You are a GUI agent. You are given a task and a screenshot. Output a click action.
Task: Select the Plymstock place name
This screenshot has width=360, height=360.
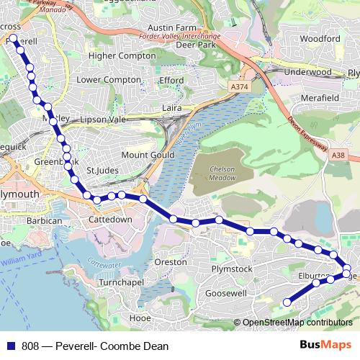click(x=232, y=269)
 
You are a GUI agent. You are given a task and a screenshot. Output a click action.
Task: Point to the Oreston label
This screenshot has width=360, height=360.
click(x=171, y=262)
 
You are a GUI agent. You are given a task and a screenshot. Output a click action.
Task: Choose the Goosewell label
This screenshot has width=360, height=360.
click(x=226, y=294)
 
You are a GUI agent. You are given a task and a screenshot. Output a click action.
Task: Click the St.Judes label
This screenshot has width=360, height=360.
click(x=102, y=171)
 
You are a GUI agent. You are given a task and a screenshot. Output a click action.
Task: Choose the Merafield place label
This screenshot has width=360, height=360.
click(x=320, y=97)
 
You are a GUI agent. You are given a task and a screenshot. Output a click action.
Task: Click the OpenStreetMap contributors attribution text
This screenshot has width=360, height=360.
click(x=297, y=323)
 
